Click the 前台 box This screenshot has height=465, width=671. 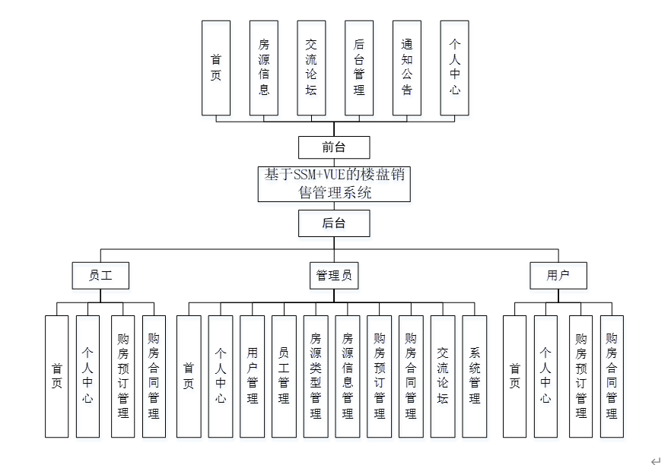point(334,147)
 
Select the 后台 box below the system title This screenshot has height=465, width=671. point(334,223)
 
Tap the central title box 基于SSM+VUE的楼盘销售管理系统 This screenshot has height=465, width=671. point(334,184)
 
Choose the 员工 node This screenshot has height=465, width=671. point(100,276)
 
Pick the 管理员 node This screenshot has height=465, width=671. point(334,276)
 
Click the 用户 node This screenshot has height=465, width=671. point(558,276)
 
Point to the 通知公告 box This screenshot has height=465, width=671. point(407,68)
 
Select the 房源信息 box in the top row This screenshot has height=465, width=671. point(264,68)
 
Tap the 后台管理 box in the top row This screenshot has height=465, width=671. point(359,68)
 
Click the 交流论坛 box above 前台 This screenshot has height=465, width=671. point(311,68)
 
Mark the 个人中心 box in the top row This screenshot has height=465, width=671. point(455,68)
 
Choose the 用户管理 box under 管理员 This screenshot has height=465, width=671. point(253,376)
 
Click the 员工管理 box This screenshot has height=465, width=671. point(284,376)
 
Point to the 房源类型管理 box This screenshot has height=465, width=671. point(316,376)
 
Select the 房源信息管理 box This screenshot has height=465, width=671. point(347,376)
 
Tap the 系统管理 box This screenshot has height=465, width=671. point(475,376)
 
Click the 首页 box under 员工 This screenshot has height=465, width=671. point(57,376)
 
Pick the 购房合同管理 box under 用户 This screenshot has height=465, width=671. point(612,376)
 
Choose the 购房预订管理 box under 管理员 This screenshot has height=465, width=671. point(379,376)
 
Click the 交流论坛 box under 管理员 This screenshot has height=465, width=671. point(443,376)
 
